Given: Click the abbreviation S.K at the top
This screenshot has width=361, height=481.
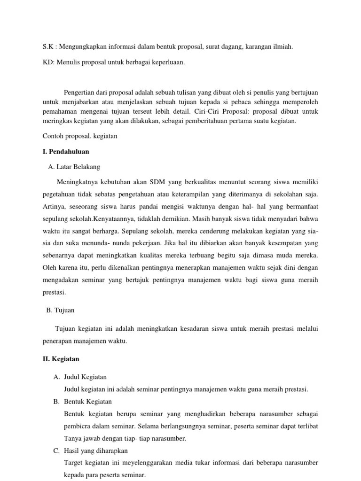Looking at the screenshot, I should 47,47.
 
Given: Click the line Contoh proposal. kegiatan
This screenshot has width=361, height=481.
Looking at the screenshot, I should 79,136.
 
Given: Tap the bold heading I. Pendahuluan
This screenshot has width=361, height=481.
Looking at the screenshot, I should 66,152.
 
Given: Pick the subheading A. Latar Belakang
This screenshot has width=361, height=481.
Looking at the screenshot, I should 74,167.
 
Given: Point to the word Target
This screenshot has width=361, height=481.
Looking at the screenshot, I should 73,463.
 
